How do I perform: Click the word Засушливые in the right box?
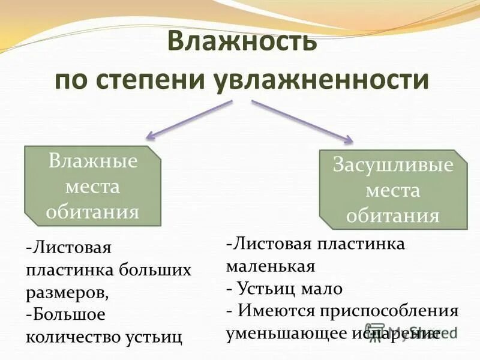click(393, 166)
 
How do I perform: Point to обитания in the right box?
click(393, 215)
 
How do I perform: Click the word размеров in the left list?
click(67, 292)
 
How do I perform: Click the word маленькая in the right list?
click(271, 266)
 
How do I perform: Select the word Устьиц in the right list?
click(267, 289)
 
